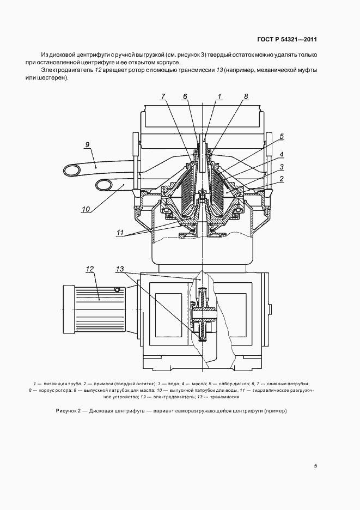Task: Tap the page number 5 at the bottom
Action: click(x=316, y=466)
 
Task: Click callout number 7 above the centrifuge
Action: click(x=162, y=96)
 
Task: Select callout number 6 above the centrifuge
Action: click(x=185, y=96)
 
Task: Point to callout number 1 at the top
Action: click(x=219, y=96)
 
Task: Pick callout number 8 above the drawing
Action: click(x=246, y=96)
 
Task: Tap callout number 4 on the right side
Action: click(x=282, y=154)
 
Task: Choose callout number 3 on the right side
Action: click(x=282, y=166)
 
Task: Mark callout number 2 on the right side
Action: click(x=282, y=178)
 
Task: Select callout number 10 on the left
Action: click(x=87, y=208)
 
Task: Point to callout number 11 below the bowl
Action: click(x=120, y=232)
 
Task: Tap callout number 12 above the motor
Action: click(x=90, y=269)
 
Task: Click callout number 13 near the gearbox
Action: click(x=120, y=269)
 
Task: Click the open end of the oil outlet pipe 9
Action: click(x=70, y=171)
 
